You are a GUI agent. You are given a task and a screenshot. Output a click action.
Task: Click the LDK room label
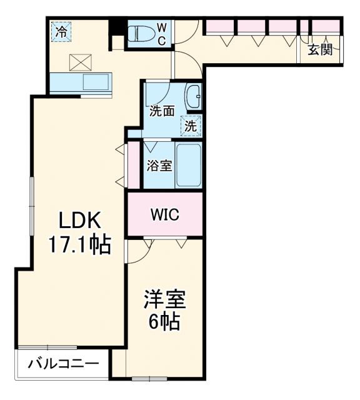tap(79, 221)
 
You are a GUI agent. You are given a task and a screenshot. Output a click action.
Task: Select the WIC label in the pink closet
tap(165, 215)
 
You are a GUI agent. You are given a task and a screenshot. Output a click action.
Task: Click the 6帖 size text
tap(165, 322)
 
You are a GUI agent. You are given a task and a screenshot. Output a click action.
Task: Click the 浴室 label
tap(159, 166)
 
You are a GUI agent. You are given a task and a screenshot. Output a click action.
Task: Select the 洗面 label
tap(162, 111)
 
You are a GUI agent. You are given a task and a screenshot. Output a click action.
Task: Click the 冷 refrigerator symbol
tap(61, 31)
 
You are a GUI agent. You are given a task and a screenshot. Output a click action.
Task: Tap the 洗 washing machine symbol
tap(192, 125)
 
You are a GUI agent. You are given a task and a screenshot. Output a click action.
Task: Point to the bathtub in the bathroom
tap(188, 165)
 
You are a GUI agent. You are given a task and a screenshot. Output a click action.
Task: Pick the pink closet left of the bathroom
tap(133, 166)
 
